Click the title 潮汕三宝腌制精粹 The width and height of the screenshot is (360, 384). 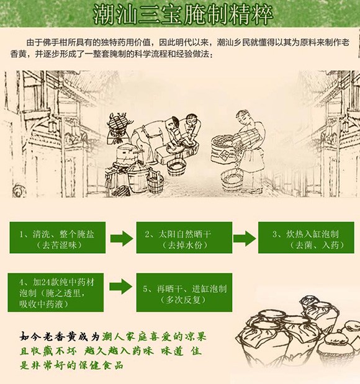[183, 14]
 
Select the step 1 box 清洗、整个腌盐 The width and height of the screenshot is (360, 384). [58, 238]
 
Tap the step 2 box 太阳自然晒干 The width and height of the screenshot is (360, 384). [184, 238]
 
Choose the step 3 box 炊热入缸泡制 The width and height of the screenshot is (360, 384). [306, 238]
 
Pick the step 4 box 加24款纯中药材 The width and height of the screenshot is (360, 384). [56, 292]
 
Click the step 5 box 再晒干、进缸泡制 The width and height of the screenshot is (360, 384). [184, 292]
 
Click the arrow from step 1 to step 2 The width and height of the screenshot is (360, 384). [121, 238]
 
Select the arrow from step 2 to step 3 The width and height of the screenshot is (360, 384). [245, 238]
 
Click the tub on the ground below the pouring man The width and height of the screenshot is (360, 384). [232, 181]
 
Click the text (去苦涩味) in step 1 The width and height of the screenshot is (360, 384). [59, 245]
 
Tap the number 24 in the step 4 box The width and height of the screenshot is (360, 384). [45, 283]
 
